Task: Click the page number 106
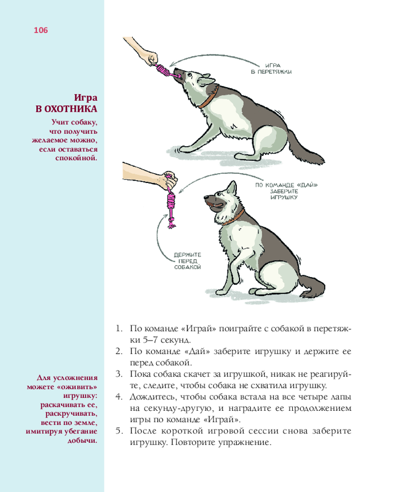(x=41, y=30)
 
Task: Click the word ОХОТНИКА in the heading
(x=71, y=109)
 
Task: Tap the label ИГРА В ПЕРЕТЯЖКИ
(x=271, y=69)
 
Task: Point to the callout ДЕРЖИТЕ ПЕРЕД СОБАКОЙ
(x=187, y=261)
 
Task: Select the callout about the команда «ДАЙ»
(x=286, y=191)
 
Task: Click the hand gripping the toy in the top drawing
(x=151, y=59)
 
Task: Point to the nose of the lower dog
(x=206, y=198)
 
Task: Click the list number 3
(x=119, y=374)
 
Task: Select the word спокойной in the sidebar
(x=76, y=158)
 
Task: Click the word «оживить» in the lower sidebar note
(x=78, y=387)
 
